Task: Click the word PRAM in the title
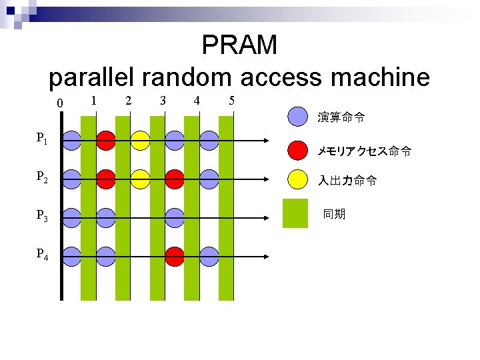coord(239,45)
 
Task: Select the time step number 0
coord(60,103)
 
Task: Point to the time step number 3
coord(162,101)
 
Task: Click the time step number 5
coord(231,101)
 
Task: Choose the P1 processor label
coord(41,139)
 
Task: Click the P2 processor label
coord(41,177)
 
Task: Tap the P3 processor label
coord(41,216)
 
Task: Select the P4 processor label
coord(41,255)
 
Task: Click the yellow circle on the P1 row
coord(140,140)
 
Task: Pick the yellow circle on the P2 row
coord(140,179)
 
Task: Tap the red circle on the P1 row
coord(105,140)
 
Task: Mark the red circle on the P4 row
coord(175,256)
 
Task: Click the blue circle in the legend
coord(297,117)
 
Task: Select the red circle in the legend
coord(297,151)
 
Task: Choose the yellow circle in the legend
coord(297,179)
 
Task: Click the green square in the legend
coord(295,213)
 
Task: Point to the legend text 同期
coord(334,214)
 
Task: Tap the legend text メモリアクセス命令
coord(363,152)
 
